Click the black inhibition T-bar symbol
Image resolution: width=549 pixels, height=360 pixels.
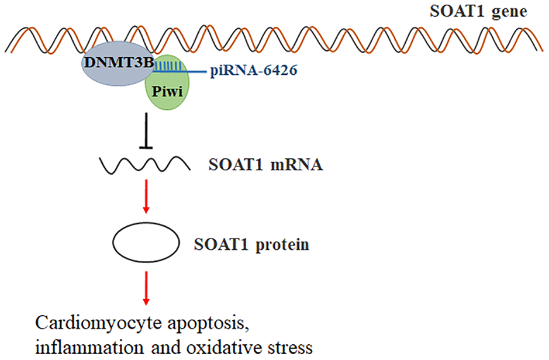click(x=149, y=135)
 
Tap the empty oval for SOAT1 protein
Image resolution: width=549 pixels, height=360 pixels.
click(x=146, y=244)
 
